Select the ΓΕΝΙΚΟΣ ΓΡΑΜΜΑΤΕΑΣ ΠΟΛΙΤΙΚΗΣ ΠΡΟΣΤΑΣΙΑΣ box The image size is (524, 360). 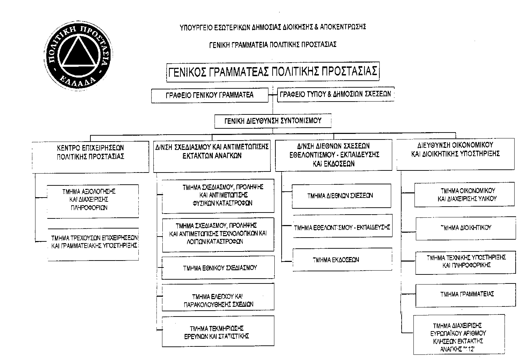273,72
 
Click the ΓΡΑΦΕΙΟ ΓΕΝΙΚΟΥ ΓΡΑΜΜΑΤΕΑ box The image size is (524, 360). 210,95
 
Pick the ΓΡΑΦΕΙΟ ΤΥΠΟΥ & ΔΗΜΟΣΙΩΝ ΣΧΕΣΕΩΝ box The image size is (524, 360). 336,94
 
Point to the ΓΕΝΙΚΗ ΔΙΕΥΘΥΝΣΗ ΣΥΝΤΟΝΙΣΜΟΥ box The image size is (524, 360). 273,121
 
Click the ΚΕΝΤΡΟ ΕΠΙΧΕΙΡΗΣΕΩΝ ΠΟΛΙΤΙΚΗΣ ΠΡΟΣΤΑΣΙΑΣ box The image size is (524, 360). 90,157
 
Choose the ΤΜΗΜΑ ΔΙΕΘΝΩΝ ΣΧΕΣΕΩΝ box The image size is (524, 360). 341,196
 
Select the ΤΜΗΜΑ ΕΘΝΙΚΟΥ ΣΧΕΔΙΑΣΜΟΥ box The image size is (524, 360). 218,268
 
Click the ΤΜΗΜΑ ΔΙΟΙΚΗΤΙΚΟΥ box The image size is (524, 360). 466,228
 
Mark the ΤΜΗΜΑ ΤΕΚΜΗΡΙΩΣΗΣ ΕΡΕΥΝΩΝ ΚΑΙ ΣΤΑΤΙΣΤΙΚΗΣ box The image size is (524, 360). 218,332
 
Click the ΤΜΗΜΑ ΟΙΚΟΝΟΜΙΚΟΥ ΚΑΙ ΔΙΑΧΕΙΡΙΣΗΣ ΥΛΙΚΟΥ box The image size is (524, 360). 464,195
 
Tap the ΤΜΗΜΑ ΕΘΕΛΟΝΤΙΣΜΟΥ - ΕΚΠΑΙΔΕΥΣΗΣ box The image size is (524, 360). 342,227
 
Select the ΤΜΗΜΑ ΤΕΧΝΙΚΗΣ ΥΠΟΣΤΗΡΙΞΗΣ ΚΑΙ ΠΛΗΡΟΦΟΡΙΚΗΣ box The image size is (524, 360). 466,262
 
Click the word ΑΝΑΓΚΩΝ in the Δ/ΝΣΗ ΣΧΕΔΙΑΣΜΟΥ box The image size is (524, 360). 227,156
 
